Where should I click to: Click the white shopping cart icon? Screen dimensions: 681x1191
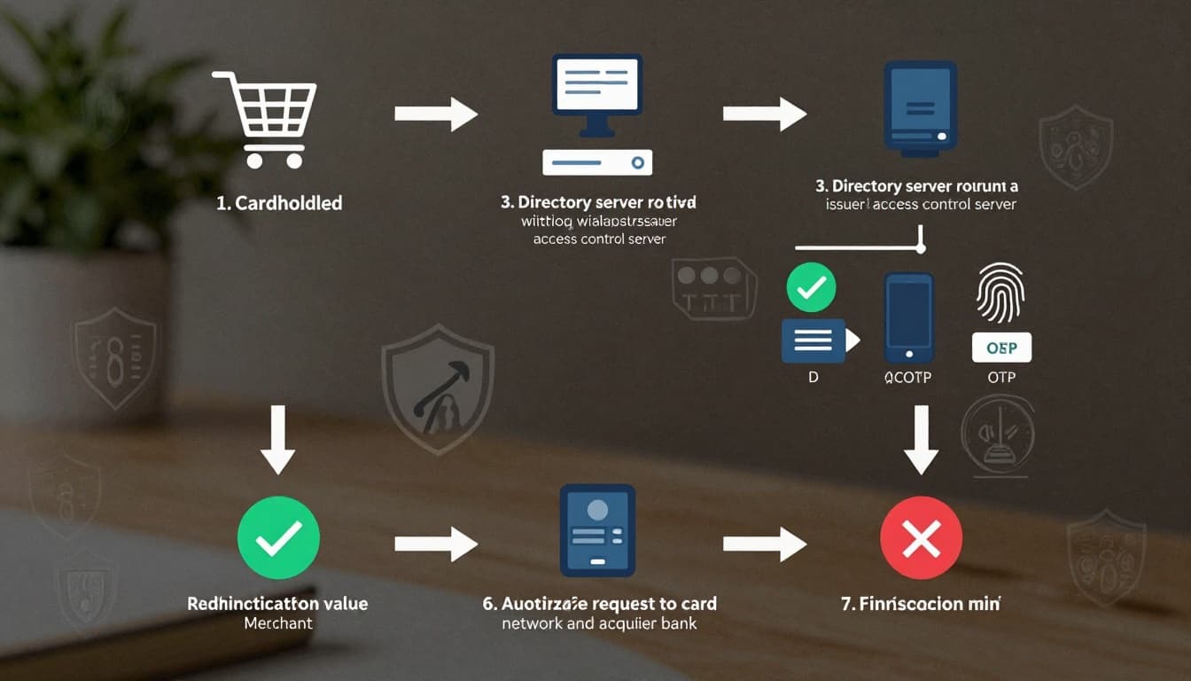[x=264, y=119]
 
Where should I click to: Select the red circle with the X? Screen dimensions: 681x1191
[x=921, y=537]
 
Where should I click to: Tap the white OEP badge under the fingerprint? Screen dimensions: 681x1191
[x=1001, y=348]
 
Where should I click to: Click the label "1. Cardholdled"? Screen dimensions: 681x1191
[x=279, y=203]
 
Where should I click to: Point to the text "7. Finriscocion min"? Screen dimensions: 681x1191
[x=920, y=604]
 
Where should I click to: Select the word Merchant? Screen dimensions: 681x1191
[x=278, y=623]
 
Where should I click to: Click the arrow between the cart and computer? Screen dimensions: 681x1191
[x=436, y=113]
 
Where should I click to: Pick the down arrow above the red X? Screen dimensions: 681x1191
[x=921, y=439]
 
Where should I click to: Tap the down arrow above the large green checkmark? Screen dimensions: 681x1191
[x=278, y=439]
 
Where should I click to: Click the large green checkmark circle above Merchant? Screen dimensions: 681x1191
[x=278, y=537]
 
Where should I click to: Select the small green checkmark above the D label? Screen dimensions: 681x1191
[x=811, y=287]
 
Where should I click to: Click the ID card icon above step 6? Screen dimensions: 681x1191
[x=597, y=530]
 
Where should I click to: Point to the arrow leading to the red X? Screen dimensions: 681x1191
[x=765, y=544]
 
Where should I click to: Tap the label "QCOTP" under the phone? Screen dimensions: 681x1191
[x=907, y=378]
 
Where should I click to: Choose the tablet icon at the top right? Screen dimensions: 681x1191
[x=921, y=107]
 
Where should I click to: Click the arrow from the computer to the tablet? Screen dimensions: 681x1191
[x=765, y=113]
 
